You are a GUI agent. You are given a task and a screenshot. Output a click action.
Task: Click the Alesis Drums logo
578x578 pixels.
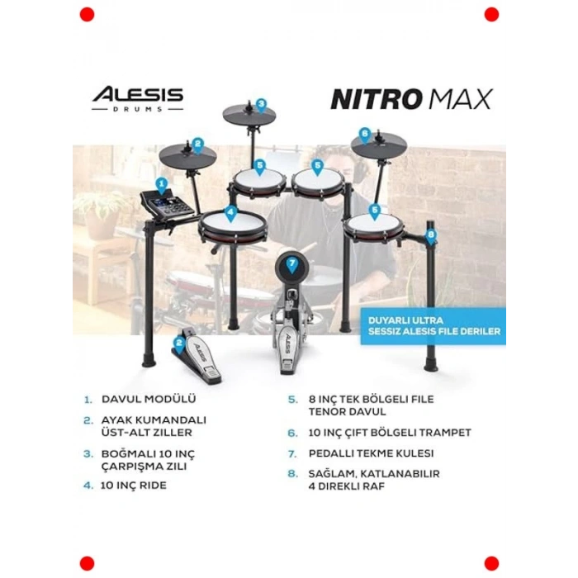click(138, 99)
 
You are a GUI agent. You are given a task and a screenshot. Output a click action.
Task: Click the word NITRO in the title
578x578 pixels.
click(377, 100)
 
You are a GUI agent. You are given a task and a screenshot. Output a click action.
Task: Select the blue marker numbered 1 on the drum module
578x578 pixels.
click(162, 186)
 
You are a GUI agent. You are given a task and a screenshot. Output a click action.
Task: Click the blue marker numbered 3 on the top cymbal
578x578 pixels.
click(261, 107)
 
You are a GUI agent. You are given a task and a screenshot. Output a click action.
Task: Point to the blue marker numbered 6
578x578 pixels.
click(365, 135)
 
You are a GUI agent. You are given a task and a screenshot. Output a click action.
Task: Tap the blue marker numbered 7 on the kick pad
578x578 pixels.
click(292, 265)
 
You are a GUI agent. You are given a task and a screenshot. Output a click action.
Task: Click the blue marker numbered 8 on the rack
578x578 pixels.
click(431, 237)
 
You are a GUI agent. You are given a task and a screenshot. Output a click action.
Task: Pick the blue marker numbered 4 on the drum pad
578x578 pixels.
click(230, 214)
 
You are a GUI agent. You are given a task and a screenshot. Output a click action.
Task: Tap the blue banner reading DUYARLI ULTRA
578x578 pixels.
click(433, 326)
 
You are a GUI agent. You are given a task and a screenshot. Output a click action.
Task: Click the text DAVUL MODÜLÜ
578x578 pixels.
click(149, 399)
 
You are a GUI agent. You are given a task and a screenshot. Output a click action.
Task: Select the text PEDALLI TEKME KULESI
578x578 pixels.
click(371, 453)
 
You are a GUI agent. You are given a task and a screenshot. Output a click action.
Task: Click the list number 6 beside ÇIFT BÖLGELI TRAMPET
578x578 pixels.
click(292, 433)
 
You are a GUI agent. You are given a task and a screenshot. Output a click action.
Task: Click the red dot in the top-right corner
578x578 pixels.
click(491, 15)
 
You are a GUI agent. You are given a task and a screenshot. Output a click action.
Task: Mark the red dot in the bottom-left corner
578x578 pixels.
click(87, 564)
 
